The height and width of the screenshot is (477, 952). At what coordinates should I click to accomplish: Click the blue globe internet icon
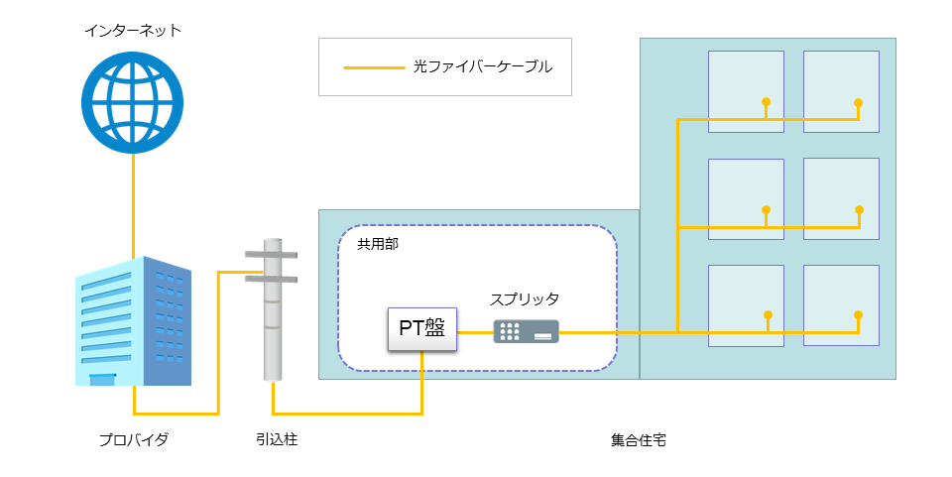(132, 102)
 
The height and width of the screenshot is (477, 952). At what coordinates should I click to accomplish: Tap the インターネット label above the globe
(132, 31)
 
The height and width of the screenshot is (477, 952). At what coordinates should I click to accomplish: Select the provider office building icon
(133, 320)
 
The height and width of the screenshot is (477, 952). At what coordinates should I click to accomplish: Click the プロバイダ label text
(134, 439)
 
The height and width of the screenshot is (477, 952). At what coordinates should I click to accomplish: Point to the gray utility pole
(273, 309)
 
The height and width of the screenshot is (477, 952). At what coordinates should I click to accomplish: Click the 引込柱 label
(277, 438)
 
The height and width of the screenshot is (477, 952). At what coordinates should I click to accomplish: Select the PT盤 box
(422, 328)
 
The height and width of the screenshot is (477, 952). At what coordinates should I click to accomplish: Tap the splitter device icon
(526, 331)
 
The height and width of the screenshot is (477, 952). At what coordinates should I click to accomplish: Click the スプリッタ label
(525, 299)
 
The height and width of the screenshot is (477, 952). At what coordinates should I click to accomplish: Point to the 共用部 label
(378, 244)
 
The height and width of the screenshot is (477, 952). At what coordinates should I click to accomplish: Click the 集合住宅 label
(639, 440)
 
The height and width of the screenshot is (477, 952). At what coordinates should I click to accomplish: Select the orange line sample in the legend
(374, 67)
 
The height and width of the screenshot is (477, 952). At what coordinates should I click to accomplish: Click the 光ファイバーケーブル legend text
(483, 66)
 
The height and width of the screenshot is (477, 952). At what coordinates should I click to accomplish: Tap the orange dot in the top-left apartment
(767, 102)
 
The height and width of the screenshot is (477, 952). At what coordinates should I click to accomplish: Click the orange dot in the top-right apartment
(858, 102)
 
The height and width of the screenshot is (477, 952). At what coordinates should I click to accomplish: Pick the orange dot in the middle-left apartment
(767, 210)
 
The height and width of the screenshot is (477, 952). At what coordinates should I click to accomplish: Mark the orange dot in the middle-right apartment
(859, 210)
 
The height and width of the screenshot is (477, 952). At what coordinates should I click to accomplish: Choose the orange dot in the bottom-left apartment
(768, 315)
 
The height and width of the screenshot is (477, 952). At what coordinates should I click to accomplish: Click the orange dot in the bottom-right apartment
(858, 315)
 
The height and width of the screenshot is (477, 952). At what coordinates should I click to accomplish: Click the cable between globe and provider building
(133, 205)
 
